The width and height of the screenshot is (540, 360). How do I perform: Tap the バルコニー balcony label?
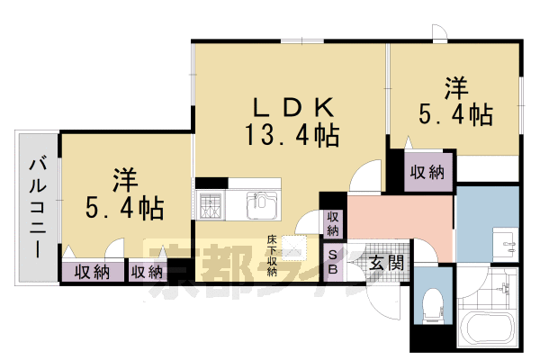pyautogui.click(x=36, y=206)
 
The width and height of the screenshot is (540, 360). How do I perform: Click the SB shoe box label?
pyautogui.click(x=332, y=263)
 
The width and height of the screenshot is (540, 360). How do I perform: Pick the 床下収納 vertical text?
pyautogui.click(x=270, y=256)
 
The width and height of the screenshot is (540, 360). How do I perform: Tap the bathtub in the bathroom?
pyautogui.click(x=485, y=331)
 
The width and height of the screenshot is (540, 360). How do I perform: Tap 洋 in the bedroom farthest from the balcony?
pyautogui.click(x=456, y=88)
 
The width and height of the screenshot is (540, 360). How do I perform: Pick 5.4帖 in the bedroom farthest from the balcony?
pyautogui.click(x=456, y=115)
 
